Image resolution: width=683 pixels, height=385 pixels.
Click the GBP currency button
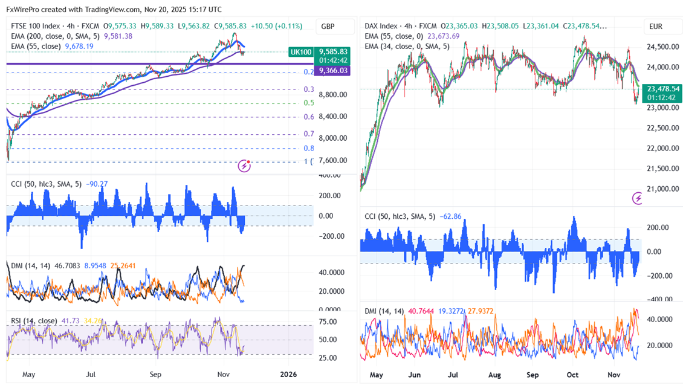[x=328, y=27]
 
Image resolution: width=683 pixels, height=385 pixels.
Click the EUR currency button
[x=656, y=27]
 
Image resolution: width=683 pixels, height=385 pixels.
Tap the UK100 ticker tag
[x=301, y=52]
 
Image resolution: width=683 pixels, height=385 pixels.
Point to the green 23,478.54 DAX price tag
[x=662, y=88]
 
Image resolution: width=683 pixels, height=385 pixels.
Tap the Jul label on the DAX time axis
[x=452, y=375]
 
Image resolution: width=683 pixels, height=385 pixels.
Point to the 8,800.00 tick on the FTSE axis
[x=333, y=95]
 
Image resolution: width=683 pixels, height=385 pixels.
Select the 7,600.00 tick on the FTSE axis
[x=333, y=160]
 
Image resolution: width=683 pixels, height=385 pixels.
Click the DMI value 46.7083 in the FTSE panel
[x=64, y=265]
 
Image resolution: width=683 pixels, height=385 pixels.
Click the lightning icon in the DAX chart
[x=638, y=198]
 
